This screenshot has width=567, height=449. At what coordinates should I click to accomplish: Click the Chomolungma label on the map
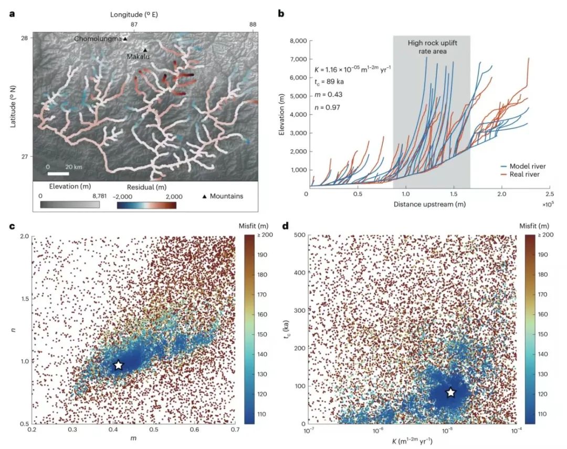click(98, 39)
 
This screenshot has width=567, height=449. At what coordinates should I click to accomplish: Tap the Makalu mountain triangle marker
click(145, 50)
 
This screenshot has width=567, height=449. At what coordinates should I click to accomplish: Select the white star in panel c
click(119, 365)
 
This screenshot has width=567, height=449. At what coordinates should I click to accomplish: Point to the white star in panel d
click(450, 392)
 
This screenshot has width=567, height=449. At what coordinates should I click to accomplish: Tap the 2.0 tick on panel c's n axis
click(23, 236)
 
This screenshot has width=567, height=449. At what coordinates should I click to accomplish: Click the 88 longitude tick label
click(253, 25)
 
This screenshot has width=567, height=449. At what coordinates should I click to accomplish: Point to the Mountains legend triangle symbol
click(204, 196)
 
